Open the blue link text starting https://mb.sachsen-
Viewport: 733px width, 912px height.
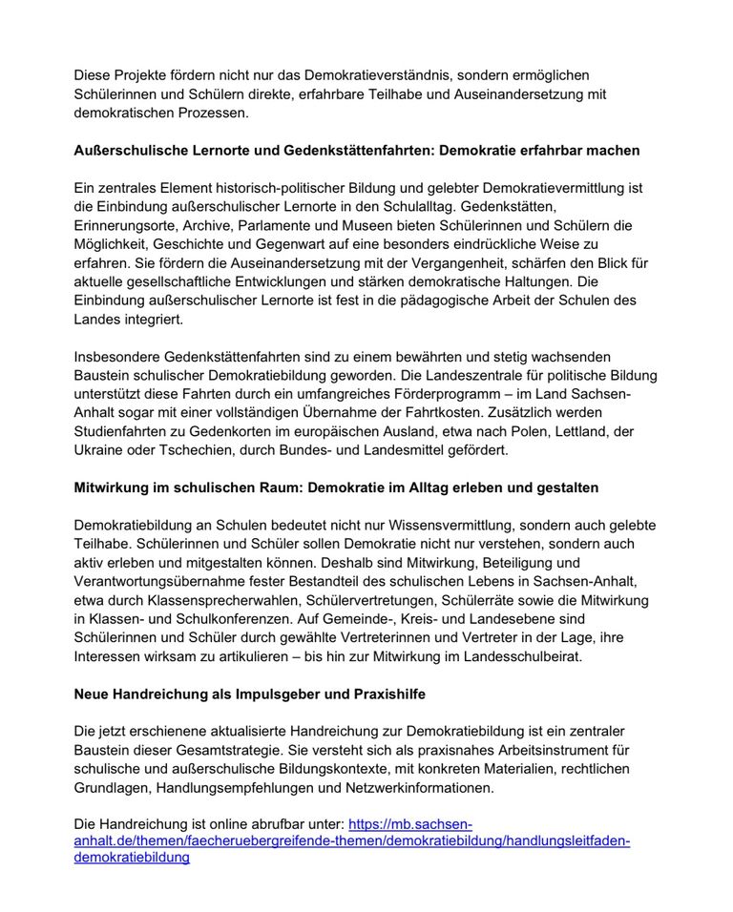(x=410, y=824)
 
